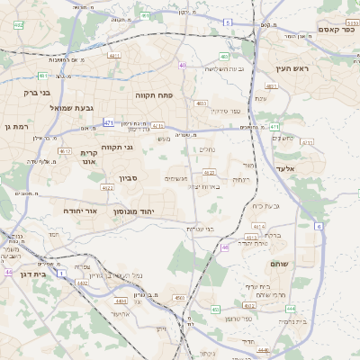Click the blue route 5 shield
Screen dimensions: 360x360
pos(228,21)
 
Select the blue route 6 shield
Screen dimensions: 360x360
pos(319,226)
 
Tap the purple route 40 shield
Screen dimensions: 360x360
pos(183,65)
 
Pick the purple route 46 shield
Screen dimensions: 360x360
pos(224,246)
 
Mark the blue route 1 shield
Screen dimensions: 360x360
pos(61,271)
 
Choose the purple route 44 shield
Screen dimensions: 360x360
pos(7,272)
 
